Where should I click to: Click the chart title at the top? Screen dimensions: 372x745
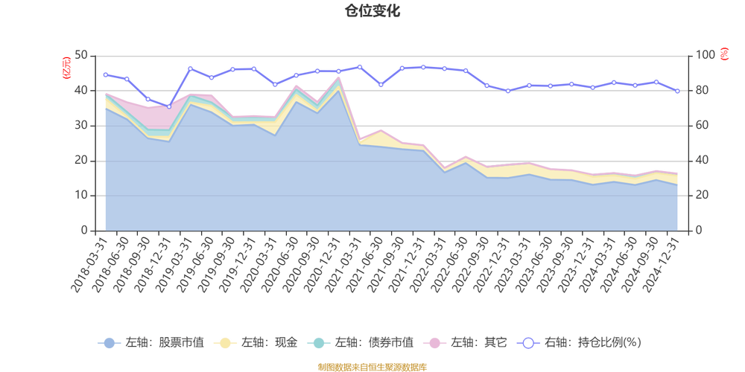pos(372,10)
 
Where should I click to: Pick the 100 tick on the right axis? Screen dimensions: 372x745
pos(705,55)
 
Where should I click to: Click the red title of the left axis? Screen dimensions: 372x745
pos(66,66)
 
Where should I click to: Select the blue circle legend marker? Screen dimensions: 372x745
pos(109,343)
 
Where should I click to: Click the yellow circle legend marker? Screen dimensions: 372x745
pos(224,343)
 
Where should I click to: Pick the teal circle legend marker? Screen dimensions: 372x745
pos(319,343)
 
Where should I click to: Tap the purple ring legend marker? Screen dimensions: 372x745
pos(528,343)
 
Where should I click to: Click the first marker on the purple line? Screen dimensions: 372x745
pos(105,74)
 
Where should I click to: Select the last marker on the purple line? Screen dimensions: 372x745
pos(678,91)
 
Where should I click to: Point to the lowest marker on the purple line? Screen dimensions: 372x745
pos(168,106)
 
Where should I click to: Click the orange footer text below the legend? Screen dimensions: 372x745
pos(372,365)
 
